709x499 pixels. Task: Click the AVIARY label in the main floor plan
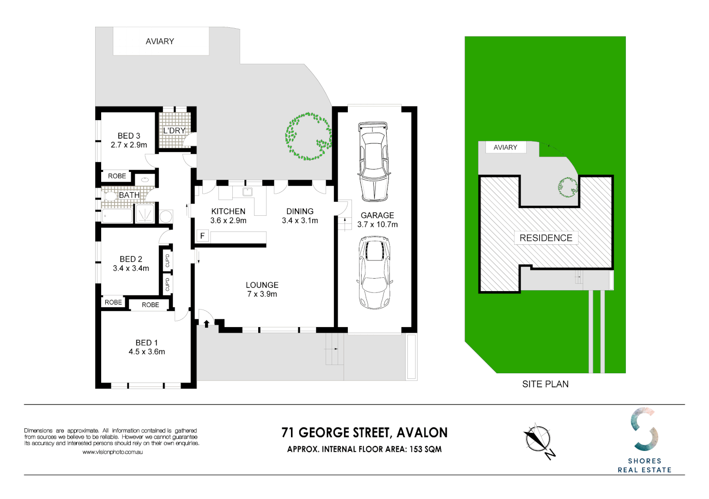tap(160, 42)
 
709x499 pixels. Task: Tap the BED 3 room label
tap(129, 136)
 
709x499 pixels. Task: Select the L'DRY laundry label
tap(174, 131)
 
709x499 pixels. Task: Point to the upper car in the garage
tap(373, 161)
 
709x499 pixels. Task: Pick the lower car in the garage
tap(375, 272)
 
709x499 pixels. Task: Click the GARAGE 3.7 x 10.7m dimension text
tap(377, 225)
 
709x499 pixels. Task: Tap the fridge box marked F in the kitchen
tap(202, 236)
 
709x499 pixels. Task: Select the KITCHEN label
tap(228, 212)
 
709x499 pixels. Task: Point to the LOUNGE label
tap(262, 285)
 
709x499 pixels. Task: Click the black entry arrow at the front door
tap(206, 323)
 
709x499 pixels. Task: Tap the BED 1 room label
tap(146, 343)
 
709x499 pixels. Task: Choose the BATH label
tap(129, 195)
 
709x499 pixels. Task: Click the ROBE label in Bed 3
tap(117, 176)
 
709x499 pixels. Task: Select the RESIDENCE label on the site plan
tap(545, 238)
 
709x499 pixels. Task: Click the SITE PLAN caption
tap(545, 384)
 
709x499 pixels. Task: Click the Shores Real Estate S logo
tap(644, 429)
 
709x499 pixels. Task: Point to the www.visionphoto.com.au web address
tap(113, 452)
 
